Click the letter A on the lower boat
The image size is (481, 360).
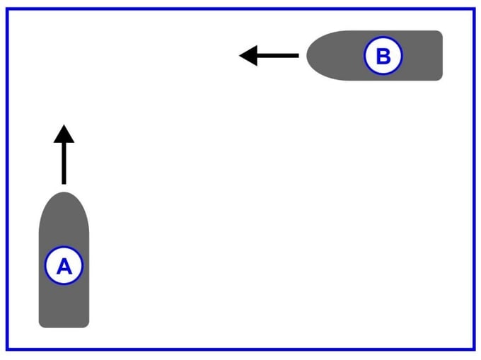[64, 267]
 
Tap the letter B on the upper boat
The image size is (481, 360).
[383, 56]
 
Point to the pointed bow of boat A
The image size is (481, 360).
[64, 193]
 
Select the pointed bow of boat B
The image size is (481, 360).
[308, 55]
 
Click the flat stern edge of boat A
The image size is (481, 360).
[64, 327]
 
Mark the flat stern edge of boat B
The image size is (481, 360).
[441, 55]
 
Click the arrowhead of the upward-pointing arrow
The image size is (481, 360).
[64, 132]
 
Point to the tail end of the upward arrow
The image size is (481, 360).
[64, 183]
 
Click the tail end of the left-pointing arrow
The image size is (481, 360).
[298, 55]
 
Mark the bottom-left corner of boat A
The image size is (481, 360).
[40, 325]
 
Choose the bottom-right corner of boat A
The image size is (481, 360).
[87, 325]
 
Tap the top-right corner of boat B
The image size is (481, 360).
[440, 33]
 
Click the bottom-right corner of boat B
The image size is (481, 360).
[440, 78]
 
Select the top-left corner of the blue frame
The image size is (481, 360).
[8, 9]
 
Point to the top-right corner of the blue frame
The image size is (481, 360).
[473, 9]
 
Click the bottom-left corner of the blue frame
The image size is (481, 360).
[8, 349]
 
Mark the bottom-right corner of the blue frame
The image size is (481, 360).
[473, 349]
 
